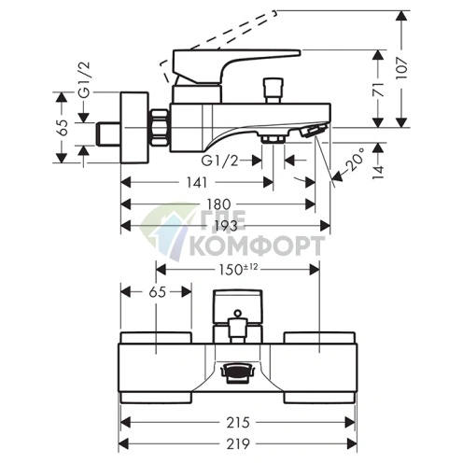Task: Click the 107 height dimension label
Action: (x=401, y=68)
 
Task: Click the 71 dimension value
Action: (x=378, y=90)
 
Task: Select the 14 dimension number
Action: (x=378, y=173)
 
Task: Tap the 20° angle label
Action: (x=355, y=160)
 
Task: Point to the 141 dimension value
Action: (x=197, y=182)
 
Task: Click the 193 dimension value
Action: (x=227, y=226)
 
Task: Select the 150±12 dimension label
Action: (x=238, y=269)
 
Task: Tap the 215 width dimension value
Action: (x=238, y=422)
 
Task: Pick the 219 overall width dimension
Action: (x=238, y=443)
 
